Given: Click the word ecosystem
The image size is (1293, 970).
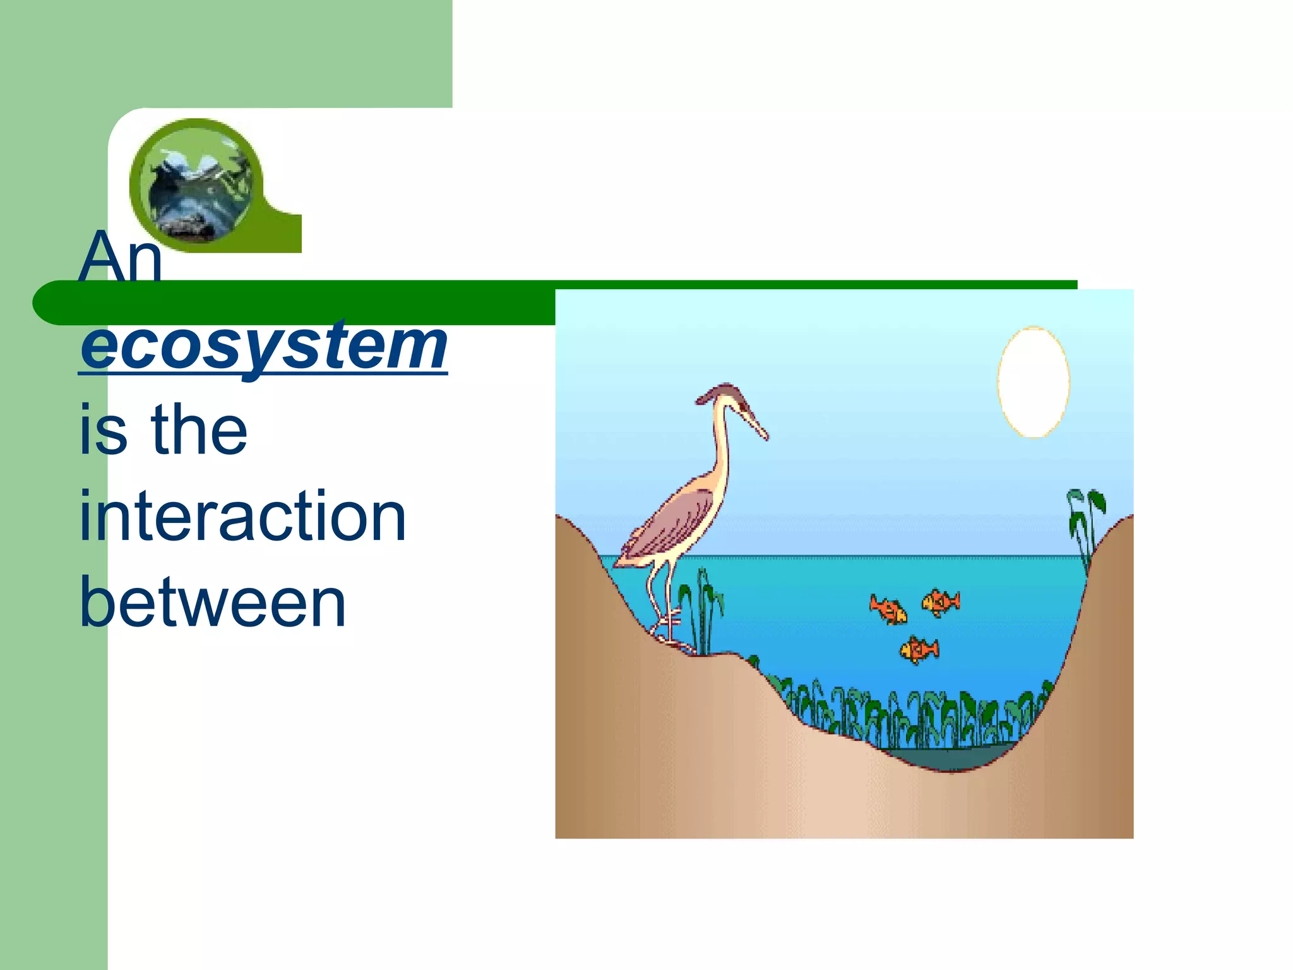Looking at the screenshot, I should pyautogui.click(x=263, y=347).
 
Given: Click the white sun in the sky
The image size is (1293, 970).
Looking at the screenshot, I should pyautogui.click(x=1033, y=381).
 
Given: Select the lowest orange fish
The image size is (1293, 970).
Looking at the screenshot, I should pyautogui.click(x=919, y=649).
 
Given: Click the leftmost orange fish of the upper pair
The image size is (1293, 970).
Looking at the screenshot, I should pyautogui.click(x=888, y=609).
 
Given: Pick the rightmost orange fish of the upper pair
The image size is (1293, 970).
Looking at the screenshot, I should pyautogui.click(x=941, y=601).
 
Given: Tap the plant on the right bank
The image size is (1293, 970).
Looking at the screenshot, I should pyautogui.click(x=1085, y=521).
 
